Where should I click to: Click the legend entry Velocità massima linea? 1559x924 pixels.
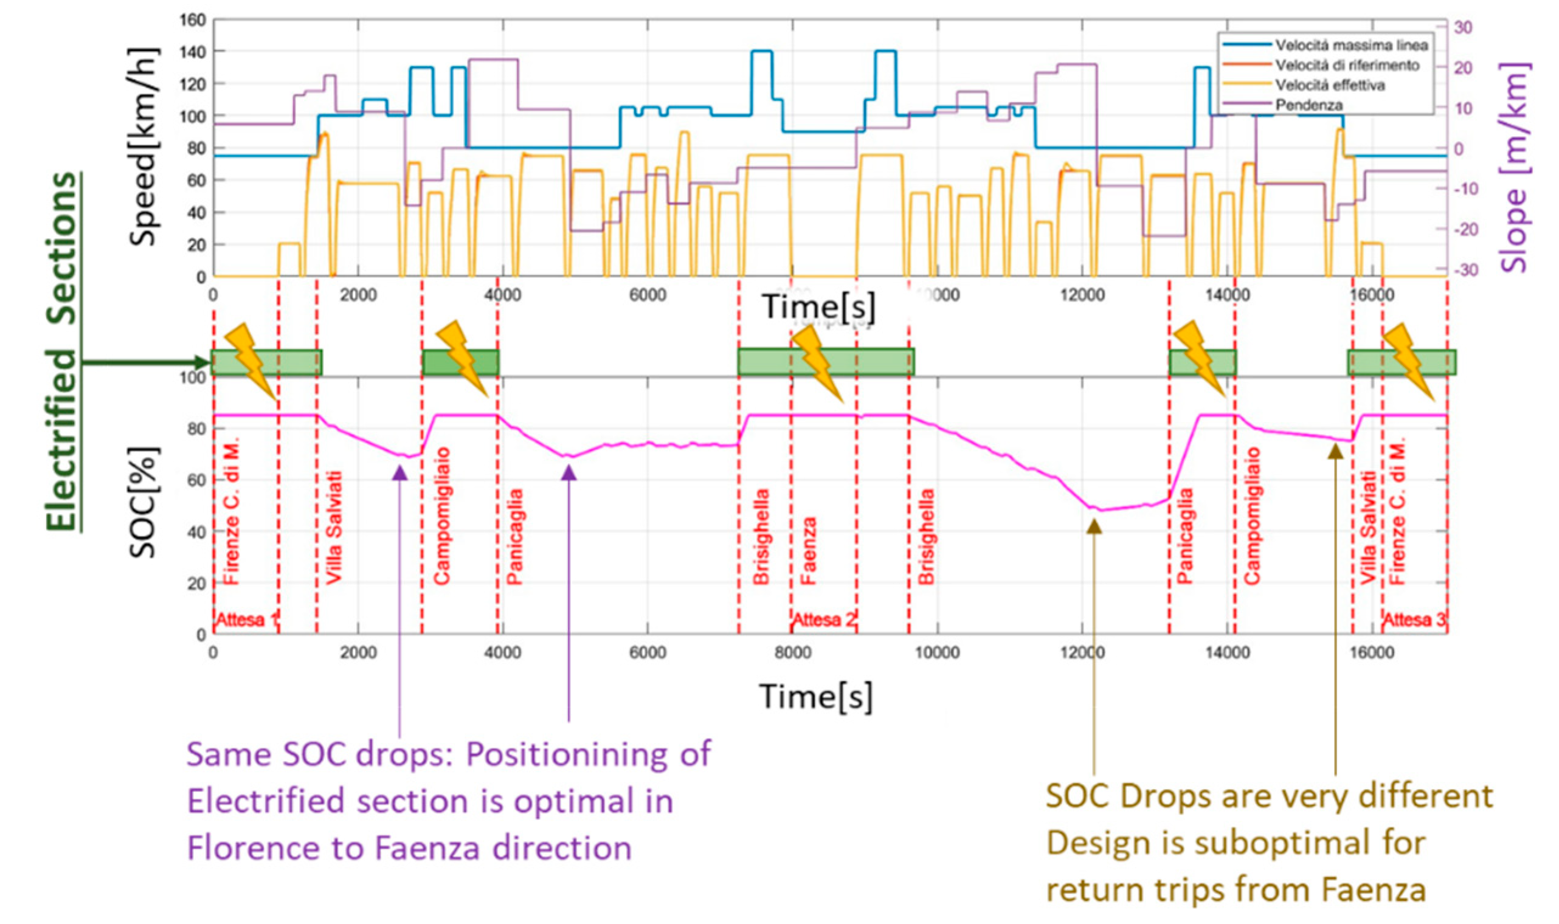coord(1350,45)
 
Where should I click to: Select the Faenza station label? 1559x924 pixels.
coord(807,550)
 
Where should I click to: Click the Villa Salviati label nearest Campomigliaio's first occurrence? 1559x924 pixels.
coord(334,528)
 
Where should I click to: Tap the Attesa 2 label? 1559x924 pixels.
coord(823,620)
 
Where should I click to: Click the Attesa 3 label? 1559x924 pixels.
coord(1414,620)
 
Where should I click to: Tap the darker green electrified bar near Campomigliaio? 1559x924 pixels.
coord(460,362)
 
